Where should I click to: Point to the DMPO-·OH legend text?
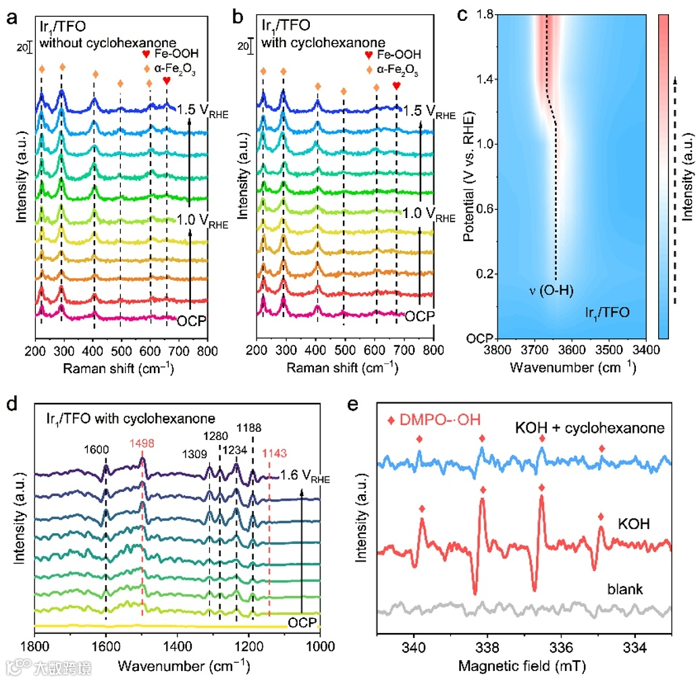pos(440,420)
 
